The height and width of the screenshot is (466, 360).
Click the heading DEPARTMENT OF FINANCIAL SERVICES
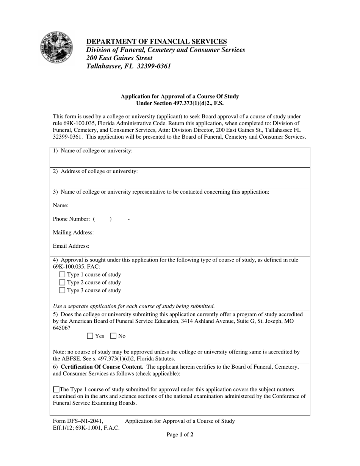coord(157,41)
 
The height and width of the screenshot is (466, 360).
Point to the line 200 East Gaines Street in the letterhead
coord(119,58)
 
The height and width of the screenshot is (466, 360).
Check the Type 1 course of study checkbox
coord(63,275)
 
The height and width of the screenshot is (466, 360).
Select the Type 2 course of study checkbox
coord(63,283)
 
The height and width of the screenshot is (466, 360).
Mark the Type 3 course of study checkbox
coord(63,291)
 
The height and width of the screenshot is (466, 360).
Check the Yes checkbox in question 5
coord(90,336)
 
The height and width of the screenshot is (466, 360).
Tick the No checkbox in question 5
coord(113,336)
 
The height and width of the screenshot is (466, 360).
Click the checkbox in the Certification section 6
coord(56,389)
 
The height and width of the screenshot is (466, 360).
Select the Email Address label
coord(71,246)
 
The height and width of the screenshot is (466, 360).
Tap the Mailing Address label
coord(74,233)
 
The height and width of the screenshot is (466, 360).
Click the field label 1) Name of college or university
coord(93,151)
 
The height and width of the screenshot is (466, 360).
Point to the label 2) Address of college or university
coord(95,171)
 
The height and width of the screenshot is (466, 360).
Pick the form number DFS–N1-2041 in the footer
coord(78,421)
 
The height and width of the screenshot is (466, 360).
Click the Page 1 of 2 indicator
coord(180,435)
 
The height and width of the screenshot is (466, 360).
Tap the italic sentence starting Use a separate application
coord(134,306)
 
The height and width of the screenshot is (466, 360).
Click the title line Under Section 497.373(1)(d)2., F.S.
coord(180,103)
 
